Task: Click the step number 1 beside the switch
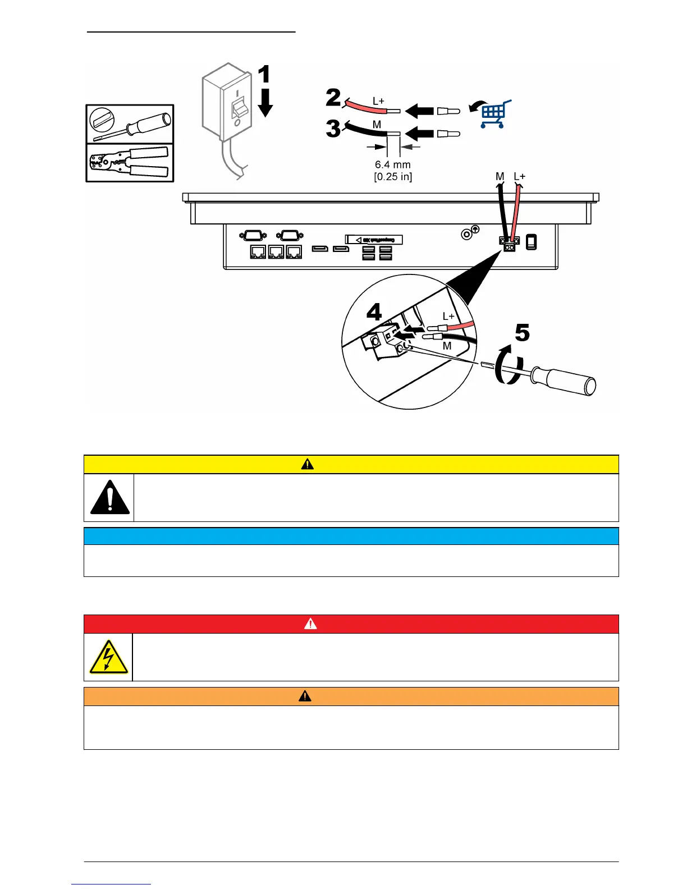[264, 75]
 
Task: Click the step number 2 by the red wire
[333, 98]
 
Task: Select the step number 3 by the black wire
[333, 129]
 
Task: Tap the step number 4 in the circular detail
[374, 312]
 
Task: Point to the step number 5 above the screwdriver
[522, 333]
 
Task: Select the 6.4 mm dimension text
[393, 164]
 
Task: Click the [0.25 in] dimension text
[393, 177]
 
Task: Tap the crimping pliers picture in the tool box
[130, 162]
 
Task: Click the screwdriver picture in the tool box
[130, 124]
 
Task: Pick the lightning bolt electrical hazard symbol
[109, 657]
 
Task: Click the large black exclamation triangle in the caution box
[110, 497]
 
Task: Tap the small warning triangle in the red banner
[310, 624]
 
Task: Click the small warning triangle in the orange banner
[305, 696]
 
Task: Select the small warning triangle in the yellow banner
[307, 464]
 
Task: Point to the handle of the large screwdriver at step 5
[567, 380]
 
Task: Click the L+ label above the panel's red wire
[520, 177]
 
